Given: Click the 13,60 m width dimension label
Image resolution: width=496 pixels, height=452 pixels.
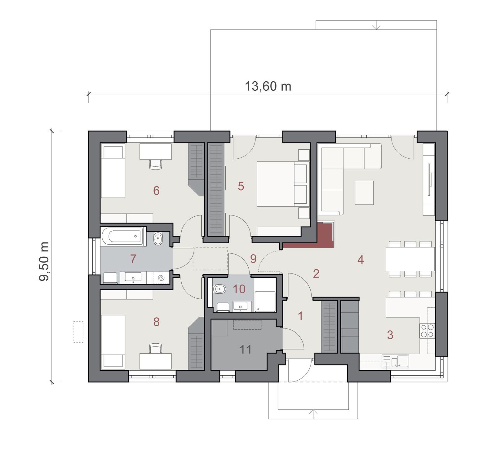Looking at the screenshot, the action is point(268,86).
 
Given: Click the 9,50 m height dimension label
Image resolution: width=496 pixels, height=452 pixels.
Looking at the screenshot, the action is point(44,261).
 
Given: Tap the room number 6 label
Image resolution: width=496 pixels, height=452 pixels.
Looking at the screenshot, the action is point(156,191).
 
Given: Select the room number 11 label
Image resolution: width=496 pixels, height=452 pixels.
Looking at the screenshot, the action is point(246,350).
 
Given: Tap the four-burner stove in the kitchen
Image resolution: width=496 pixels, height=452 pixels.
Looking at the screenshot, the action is point(427,331).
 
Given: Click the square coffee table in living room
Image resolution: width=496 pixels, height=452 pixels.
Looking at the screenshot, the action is point(364,193).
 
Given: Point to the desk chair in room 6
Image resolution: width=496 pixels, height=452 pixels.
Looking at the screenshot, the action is point(156,164).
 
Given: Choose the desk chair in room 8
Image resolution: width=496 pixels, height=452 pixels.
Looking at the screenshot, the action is point(156,348).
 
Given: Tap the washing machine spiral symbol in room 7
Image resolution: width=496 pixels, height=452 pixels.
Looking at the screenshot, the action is point(161,278).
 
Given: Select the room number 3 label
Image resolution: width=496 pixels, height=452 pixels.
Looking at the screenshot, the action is point(390,335).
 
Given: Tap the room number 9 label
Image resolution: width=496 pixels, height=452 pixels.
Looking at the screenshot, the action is point(253,259).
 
